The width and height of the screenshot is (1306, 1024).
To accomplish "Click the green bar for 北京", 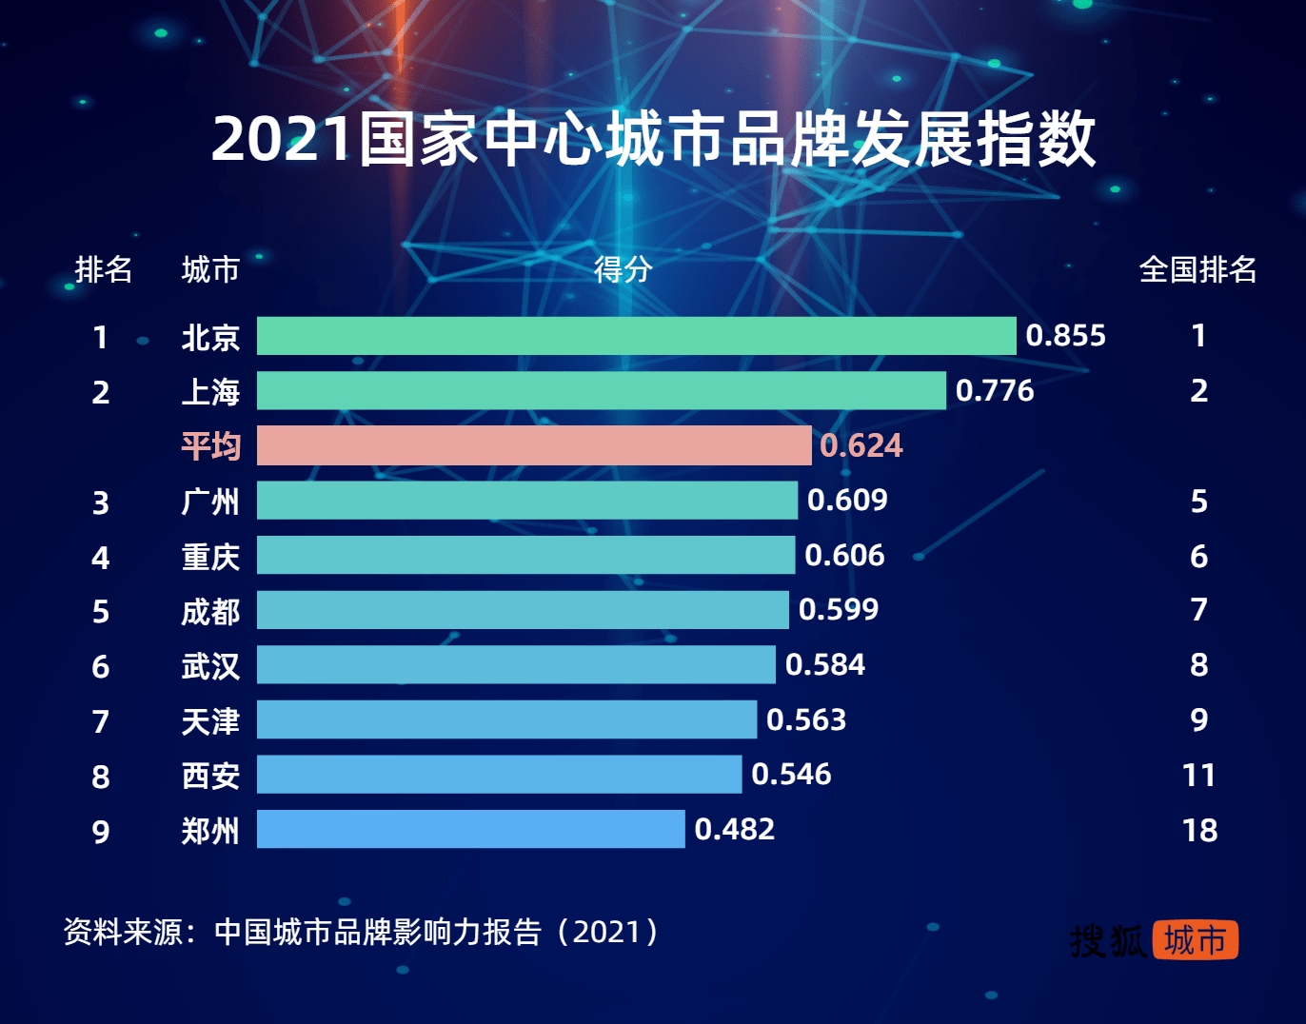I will pyautogui.click(x=636, y=336).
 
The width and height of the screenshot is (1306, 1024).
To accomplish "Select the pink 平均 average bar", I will pyautogui.click(x=534, y=445).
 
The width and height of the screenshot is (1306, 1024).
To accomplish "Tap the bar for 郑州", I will pyautogui.click(x=470, y=829).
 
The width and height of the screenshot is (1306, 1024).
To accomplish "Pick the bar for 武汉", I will pyautogui.click(x=516, y=664).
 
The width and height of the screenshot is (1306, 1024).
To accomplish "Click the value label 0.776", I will pyautogui.click(x=994, y=390).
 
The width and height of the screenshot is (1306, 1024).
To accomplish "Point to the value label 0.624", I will pyautogui.click(x=861, y=445).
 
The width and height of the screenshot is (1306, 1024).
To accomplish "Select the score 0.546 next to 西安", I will pyautogui.click(x=791, y=774).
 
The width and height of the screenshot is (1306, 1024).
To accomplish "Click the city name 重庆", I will pyautogui.click(x=210, y=556).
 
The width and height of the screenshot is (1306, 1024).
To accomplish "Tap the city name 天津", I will pyautogui.click(x=210, y=720).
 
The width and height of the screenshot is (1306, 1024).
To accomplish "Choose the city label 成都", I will pyautogui.click(x=210, y=611).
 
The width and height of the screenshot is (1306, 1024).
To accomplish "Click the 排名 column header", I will pyautogui.click(x=103, y=269).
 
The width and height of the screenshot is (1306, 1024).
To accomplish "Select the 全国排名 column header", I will pyautogui.click(x=1197, y=269).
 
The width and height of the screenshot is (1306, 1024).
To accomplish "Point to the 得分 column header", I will pyautogui.click(x=623, y=269).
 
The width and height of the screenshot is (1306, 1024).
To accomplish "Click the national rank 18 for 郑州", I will pyautogui.click(x=1199, y=830).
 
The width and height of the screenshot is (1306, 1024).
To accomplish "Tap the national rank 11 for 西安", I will pyautogui.click(x=1199, y=775).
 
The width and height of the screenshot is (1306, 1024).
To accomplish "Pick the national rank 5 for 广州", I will pyautogui.click(x=1199, y=501).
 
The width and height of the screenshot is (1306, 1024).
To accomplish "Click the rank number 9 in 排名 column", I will pyautogui.click(x=101, y=832).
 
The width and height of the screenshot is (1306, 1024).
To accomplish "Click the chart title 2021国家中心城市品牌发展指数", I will pyautogui.click(x=653, y=139).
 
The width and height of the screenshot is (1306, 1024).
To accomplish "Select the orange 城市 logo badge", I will pyautogui.click(x=1195, y=940).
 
